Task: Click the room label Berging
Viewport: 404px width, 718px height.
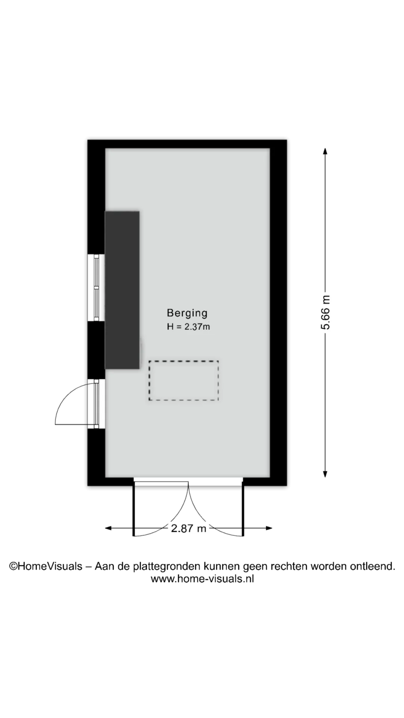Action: click(x=187, y=313)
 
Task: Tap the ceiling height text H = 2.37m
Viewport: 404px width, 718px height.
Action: click(x=189, y=326)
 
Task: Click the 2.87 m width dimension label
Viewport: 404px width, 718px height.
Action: click(x=189, y=528)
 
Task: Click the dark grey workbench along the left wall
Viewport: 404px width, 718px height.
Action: click(x=122, y=290)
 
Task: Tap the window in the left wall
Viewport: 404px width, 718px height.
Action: click(x=96, y=288)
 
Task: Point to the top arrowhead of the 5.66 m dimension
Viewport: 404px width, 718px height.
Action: click(x=325, y=151)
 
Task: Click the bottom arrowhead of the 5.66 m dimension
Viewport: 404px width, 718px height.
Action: click(x=325, y=474)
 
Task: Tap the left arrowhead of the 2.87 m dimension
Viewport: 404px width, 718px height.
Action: click(x=108, y=528)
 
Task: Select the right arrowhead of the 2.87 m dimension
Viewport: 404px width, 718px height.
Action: click(x=269, y=528)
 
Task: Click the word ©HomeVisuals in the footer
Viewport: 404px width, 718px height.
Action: click(x=46, y=567)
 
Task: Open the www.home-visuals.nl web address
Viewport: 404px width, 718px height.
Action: click(x=202, y=579)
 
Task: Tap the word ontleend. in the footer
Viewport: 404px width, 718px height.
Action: click(x=373, y=567)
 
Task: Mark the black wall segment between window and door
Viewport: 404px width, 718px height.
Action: click(x=96, y=350)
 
